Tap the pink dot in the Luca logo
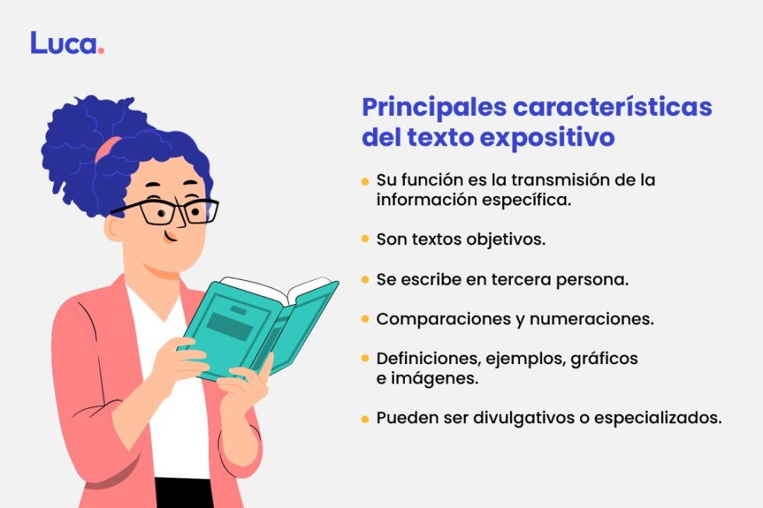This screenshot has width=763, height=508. click(x=101, y=51)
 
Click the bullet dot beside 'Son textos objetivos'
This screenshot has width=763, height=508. click(x=364, y=239)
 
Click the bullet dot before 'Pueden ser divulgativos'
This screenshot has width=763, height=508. click(x=364, y=419)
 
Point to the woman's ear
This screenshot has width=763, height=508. click(x=115, y=227)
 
